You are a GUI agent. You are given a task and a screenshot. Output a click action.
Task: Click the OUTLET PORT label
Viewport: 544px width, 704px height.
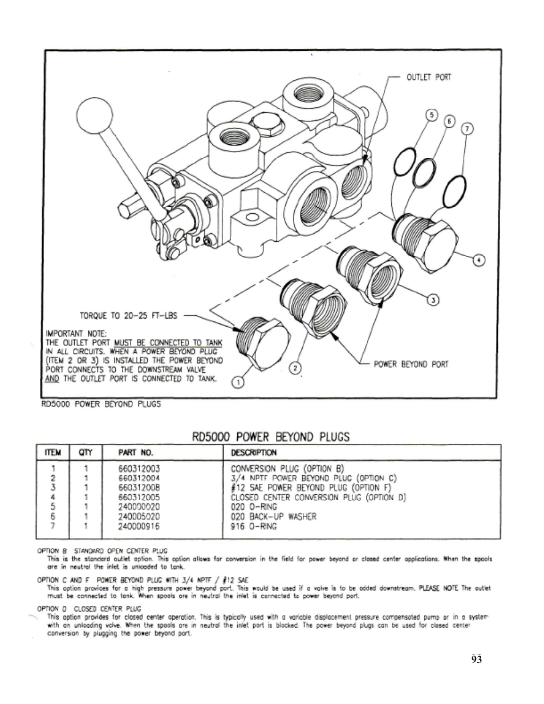[428, 78]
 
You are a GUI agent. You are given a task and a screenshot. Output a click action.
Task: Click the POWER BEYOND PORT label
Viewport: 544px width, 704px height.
[411, 364]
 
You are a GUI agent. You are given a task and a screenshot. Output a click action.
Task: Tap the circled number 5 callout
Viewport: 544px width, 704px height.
[432, 115]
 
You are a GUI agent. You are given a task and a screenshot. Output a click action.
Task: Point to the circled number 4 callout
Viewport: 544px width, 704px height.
[480, 260]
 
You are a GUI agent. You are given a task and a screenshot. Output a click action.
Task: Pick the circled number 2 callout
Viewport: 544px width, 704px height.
[294, 368]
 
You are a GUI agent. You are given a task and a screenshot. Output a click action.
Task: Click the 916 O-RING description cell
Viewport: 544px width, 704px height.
[254, 526]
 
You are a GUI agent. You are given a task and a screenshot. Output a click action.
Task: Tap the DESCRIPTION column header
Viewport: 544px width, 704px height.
[254, 453]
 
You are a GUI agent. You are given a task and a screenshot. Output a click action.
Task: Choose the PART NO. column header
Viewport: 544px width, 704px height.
[136, 453]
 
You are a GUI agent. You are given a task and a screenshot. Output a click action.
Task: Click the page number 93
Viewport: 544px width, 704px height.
[477, 660]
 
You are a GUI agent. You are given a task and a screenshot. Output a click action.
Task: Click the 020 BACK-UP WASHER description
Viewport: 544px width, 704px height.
[273, 516]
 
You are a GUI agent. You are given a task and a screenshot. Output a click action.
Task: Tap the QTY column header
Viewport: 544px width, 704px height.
[86, 453]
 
